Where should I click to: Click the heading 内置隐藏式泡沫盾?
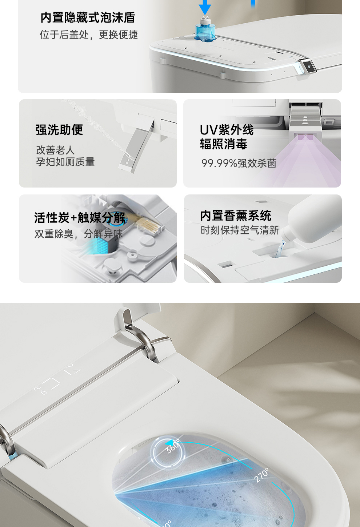pos(88,18)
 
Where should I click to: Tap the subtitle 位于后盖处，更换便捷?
pos(89,35)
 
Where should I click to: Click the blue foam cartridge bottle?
pos(205,29)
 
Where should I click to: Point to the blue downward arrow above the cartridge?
pos(205,7)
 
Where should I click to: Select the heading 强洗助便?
pos(59,130)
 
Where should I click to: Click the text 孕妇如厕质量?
pos(65,162)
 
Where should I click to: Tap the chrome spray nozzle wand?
pos(136,146)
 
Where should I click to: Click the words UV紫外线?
pos(227,130)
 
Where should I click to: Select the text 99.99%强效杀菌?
pos(239,163)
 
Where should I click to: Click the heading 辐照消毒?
pos(224,144)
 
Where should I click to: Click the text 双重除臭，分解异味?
pos(79,234)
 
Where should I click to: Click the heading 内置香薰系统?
pos(236,216)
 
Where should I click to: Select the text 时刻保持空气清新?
pos(240,230)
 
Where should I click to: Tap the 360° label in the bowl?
pos(173,446)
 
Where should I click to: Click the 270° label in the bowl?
pos(261,475)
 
